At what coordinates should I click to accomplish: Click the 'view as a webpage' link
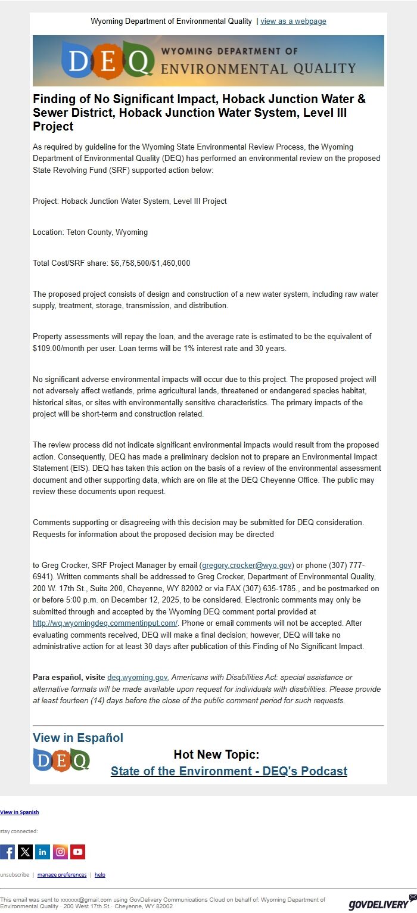tap(293, 21)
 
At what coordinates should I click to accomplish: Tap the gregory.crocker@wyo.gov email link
tap(247, 565)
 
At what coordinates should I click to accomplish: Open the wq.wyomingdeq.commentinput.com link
tap(105, 623)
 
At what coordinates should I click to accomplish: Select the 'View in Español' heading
tap(78, 738)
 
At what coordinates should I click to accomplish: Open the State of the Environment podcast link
tap(229, 771)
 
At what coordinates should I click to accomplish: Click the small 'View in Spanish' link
tap(20, 812)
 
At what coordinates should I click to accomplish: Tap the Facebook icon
tap(8, 852)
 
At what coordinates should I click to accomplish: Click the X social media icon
tap(25, 852)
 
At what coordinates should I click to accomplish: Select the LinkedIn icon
tap(42, 852)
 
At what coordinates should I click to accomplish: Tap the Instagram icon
tap(60, 852)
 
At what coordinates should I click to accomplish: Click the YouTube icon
tap(77, 852)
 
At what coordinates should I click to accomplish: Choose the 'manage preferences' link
tap(62, 875)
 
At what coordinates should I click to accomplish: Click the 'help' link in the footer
tap(100, 875)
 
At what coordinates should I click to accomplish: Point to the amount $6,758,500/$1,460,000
tap(150, 263)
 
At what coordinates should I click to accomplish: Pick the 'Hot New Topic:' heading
tap(216, 754)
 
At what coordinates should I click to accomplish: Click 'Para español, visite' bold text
tap(69, 678)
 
